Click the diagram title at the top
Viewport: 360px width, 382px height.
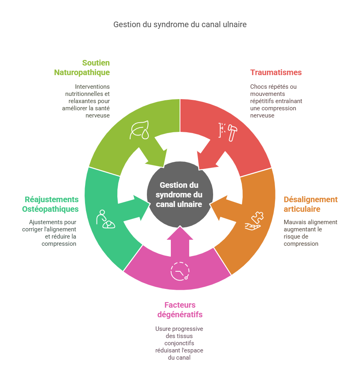coord(180,24)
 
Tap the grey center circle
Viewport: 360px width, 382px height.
coord(179,194)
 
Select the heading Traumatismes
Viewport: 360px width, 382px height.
coord(276,72)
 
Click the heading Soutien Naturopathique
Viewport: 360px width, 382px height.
coord(82,68)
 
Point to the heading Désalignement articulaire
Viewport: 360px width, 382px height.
coord(311,204)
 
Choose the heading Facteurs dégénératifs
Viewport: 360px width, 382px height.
coord(180,310)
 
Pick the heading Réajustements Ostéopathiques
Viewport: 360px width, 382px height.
coord(51,204)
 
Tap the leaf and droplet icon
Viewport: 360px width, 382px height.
coord(139,130)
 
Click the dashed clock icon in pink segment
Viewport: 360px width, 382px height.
coord(180,271)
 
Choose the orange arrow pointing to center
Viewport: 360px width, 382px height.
coord(224,207)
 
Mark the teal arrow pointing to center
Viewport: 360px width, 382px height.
coord(136,208)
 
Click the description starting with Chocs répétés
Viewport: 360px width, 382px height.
coord(273,101)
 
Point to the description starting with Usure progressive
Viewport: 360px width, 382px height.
coord(180,343)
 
